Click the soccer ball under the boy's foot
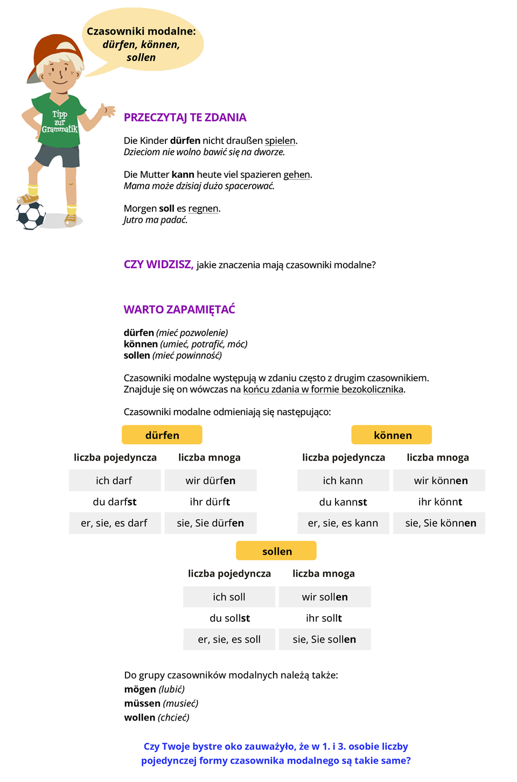(31, 215)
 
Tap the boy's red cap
(54, 52)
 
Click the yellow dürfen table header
(162, 435)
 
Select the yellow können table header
(392, 435)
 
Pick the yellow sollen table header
(276, 551)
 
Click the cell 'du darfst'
(115, 502)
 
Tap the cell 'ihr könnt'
(439, 502)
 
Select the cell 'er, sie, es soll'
(229, 639)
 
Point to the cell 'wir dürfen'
(211, 480)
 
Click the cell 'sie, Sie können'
(439, 523)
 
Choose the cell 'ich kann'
(343, 480)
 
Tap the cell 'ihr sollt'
(324, 618)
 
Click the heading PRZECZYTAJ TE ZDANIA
(185, 117)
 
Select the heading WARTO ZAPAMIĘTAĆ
(179, 310)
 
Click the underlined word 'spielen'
(280, 141)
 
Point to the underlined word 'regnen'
(203, 208)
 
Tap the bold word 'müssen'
(142, 703)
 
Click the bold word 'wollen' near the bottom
(139, 717)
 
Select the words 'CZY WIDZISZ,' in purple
(158, 264)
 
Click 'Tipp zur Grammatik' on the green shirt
(60, 122)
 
